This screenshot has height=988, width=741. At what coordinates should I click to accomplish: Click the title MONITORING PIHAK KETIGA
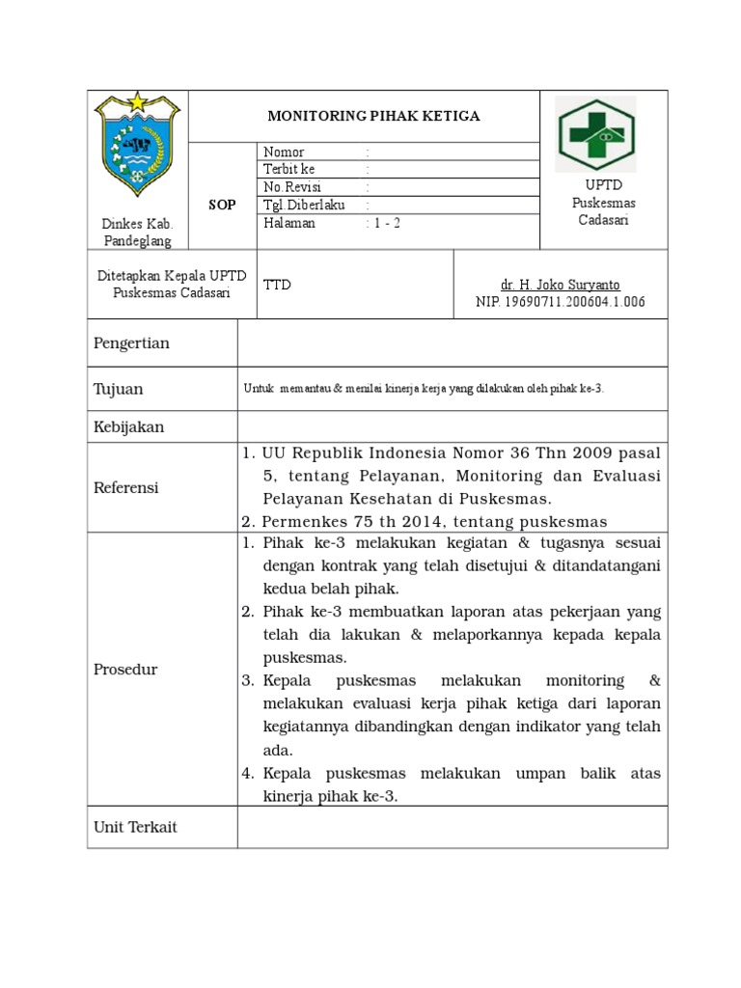(372, 116)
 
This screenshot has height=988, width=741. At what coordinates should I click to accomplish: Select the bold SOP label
(222, 206)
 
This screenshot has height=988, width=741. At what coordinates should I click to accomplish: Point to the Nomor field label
(283, 152)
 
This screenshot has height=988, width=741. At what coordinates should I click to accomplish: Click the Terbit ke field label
(288, 170)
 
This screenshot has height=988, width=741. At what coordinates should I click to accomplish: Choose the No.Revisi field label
(292, 187)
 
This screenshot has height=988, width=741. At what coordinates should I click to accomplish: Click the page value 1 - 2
(386, 223)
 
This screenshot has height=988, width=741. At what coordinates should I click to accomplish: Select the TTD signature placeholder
(277, 285)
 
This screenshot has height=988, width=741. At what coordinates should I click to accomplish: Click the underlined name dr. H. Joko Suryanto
(560, 285)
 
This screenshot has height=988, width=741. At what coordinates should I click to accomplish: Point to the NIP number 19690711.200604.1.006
(560, 302)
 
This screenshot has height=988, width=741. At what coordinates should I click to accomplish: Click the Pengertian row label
(131, 343)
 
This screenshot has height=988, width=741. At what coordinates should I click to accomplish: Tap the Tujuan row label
(118, 389)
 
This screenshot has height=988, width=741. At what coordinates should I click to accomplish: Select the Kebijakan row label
(129, 425)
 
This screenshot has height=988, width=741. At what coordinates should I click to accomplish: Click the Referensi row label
(126, 487)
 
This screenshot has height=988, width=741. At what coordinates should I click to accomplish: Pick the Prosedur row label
(125, 670)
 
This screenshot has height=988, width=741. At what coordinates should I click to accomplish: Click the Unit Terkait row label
(135, 827)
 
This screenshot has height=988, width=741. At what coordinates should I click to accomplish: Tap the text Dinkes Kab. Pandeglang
(137, 232)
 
